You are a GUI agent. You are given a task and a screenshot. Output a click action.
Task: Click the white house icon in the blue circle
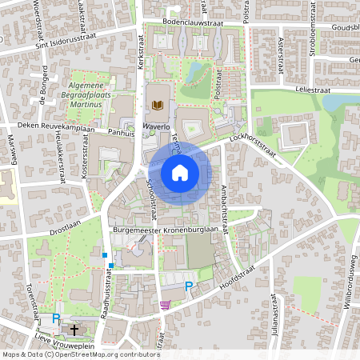coord(179,172)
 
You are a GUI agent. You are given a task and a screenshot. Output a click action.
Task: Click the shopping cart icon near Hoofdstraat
coord(165,305)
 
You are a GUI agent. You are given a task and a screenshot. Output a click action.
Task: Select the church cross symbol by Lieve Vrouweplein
coord(74,329)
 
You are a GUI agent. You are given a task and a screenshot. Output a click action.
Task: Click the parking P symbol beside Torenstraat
coord(56,318)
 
